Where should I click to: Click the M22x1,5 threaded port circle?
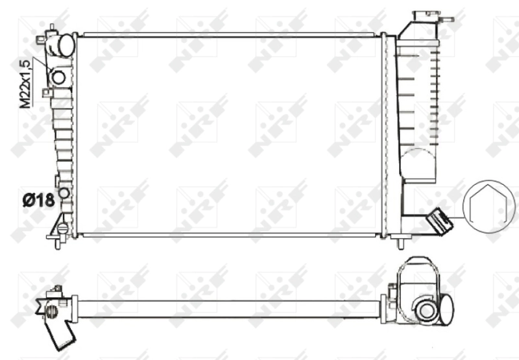pyautogui.click(x=58, y=78)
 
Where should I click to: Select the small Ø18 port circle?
pyautogui.click(x=64, y=193)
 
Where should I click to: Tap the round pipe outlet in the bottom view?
pyautogui.click(x=426, y=311)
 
